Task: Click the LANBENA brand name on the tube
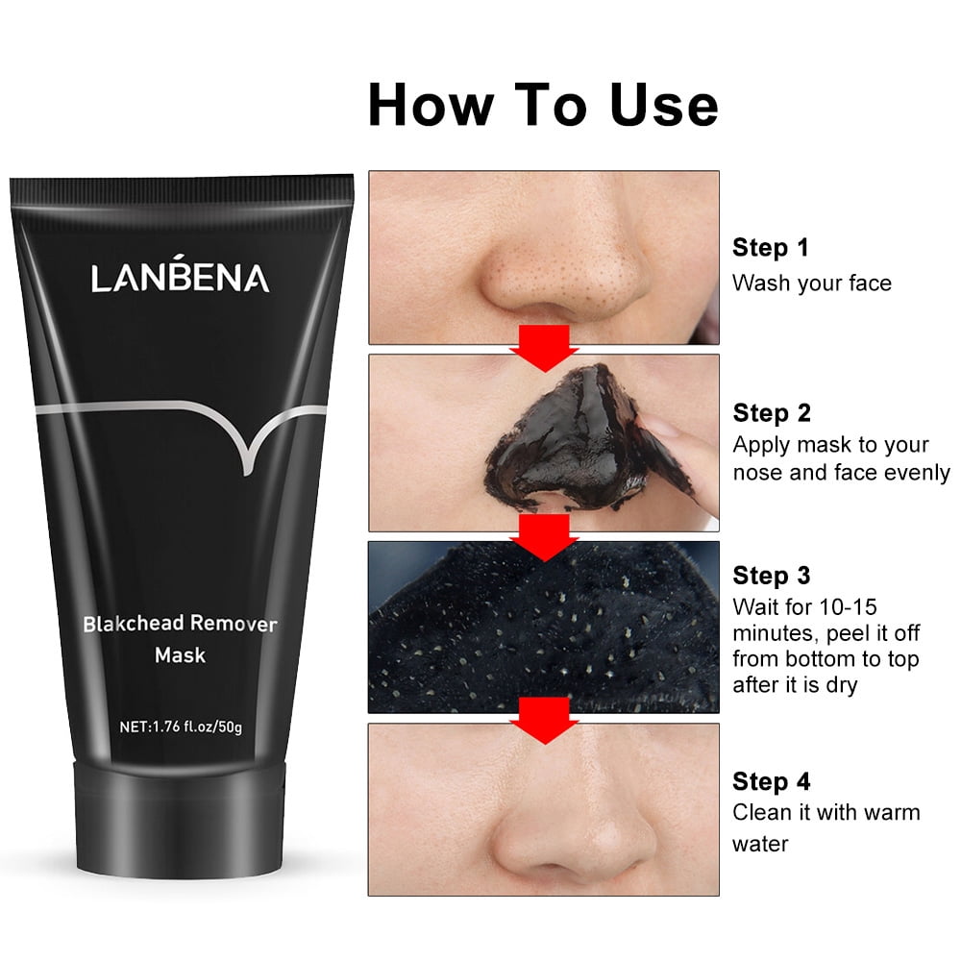[x=181, y=277]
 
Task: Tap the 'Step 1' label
[x=771, y=247]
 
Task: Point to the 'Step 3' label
[x=772, y=575]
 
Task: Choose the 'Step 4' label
[x=772, y=780]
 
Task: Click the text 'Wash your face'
[x=812, y=283]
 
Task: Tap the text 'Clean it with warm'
[x=826, y=812]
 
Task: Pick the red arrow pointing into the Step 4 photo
[x=544, y=720]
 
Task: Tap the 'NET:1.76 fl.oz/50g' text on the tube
[x=180, y=726]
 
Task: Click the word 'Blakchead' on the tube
[x=133, y=624]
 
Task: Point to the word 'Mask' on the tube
[x=181, y=656]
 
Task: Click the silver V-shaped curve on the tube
[x=245, y=437]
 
